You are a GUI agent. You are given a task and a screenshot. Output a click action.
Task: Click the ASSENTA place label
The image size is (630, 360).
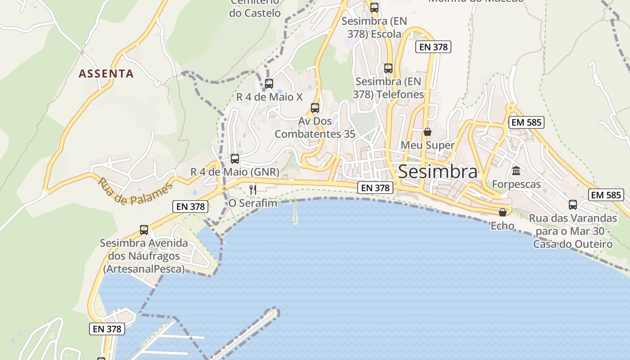click(x=106, y=73)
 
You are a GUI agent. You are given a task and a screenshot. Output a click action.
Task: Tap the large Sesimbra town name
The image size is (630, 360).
click(x=438, y=171)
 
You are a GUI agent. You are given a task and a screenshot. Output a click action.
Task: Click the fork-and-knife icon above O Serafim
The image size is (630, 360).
click(x=252, y=189)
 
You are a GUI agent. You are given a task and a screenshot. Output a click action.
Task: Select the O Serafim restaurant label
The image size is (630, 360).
click(x=253, y=203)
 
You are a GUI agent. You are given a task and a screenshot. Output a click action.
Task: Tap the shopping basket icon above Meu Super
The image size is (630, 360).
click(x=427, y=132)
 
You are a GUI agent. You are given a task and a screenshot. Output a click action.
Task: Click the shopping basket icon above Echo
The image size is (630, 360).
click(x=503, y=212)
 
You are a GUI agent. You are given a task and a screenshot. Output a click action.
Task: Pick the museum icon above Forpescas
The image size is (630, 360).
click(x=516, y=171)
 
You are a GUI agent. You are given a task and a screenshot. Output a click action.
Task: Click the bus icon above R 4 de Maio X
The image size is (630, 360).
click(x=269, y=84)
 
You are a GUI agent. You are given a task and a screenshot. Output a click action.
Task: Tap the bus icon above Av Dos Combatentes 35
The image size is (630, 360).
click(x=315, y=108)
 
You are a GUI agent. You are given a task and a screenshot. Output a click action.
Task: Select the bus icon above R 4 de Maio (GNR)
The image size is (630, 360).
click(x=235, y=159)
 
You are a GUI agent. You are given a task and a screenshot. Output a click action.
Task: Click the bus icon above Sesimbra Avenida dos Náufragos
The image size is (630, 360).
click(x=144, y=230)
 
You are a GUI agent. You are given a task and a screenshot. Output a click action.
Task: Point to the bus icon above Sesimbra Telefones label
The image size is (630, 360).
click(x=388, y=68)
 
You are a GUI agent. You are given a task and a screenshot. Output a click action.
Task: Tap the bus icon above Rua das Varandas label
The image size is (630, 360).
click(x=573, y=205)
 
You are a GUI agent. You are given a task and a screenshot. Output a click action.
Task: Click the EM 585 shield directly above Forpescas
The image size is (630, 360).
click(x=526, y=122)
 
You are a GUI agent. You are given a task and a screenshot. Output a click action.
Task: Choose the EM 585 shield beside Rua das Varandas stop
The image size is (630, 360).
click(x=606, y=195)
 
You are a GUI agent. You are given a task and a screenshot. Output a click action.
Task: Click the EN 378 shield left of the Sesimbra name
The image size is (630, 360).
click(x=375, y=188)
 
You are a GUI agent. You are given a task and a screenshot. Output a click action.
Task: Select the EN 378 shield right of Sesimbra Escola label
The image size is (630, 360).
click(x=433, y=47)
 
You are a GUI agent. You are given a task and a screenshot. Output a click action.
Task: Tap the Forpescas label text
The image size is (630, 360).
click(x=516, y=184)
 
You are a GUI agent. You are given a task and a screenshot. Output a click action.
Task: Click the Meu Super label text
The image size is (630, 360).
click(x=427, y=145)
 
